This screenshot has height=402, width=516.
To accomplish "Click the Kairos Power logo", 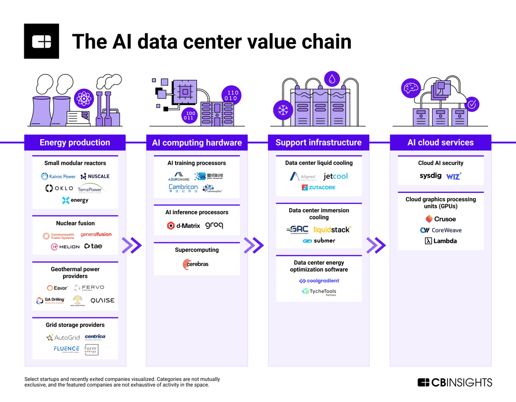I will (59, 176).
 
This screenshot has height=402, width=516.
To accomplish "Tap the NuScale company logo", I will (95, 176).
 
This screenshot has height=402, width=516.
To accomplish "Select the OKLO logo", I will (59, 188).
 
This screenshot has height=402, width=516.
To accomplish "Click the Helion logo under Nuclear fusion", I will (65, 246).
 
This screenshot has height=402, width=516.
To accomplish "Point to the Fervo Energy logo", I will (89, 288).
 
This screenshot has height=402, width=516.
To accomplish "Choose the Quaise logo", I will (102, 301).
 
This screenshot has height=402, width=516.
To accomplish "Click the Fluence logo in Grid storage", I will (66, 349).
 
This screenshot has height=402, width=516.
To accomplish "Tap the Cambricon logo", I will (183, 188).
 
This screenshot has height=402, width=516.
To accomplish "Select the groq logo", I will (214, 226).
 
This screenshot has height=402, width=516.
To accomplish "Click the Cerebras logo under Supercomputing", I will (195, 264).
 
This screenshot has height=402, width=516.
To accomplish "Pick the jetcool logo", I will (336, 176).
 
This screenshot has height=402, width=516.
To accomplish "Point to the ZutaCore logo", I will (319, 188).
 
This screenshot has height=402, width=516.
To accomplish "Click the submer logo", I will (319, 241).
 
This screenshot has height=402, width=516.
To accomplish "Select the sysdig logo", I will (430, 176).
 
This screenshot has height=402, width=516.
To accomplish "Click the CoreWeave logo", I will (441, 230).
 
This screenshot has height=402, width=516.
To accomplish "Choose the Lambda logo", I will (441, 241).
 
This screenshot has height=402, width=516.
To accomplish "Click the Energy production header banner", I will (75, 143).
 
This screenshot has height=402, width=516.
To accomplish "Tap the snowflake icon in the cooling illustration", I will (283, 110).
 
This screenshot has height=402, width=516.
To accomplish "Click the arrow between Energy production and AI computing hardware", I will (132, 245).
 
